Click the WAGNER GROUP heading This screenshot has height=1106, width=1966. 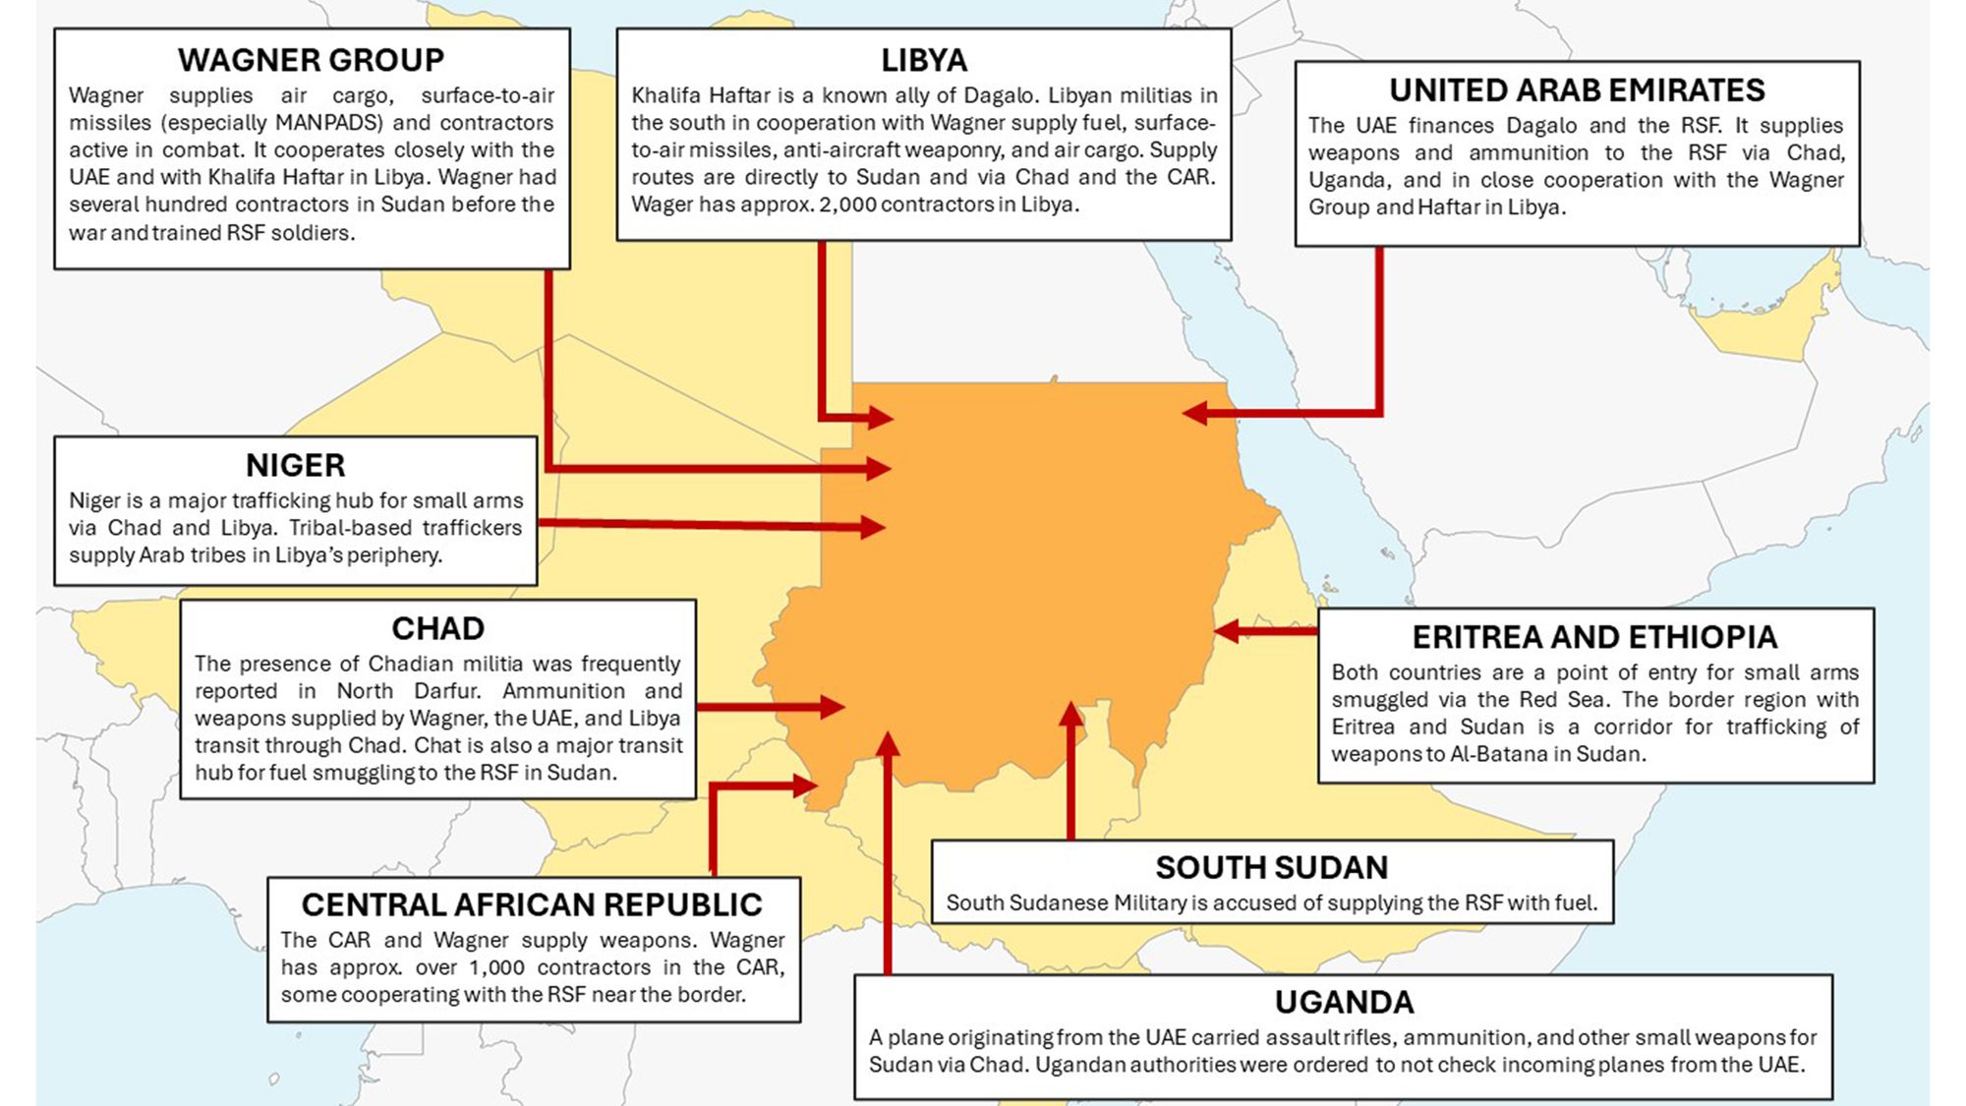click(x=311, y=60)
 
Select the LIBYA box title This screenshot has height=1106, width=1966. click(x=923, y=61)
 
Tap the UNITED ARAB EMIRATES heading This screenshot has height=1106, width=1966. click(x=1576, y=90)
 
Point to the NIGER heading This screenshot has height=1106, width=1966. click(x=295, y=465)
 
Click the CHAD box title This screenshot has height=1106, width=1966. click(x=437, y=628)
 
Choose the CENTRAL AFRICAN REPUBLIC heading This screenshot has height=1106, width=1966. click(x=532, y=904)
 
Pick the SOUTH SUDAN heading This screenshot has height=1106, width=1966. click(x=1271, y=867)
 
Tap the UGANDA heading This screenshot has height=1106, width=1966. click(x=1344, y=1002)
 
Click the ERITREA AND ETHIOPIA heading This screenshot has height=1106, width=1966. click(x=1594, y=637)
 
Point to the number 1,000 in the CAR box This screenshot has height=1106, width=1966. click(x=497, y=967)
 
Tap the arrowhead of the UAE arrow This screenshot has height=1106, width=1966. click(x=1194, y=413)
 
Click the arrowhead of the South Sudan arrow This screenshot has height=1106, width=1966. click(x=1070, y=714)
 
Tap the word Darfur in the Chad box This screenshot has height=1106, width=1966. click(x=446, y=691)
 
